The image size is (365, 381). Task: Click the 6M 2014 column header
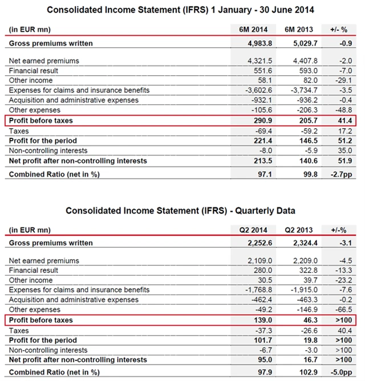(253, 28)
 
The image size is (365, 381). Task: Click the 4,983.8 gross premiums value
(253, 43)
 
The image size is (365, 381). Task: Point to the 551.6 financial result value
(257, 70)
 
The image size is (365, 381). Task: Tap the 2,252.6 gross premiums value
(253, 243)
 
